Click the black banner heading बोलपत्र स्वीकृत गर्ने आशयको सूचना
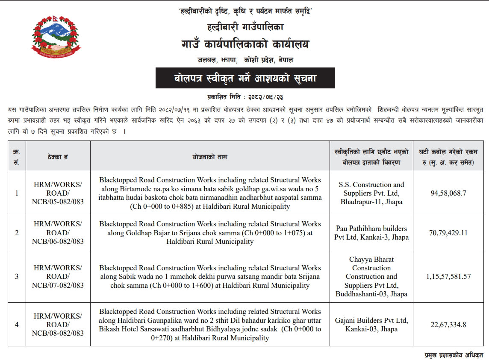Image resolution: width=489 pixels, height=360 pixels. pyautogui.click(x=245, y=78)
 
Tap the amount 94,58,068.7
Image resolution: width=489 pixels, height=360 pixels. pyautogui.click(x=448, y=193)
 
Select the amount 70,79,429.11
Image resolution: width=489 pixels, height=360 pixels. pyautogui.click(x=448, y=233)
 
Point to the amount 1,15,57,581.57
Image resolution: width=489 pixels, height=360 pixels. pyautogui.click(x=448, y=276)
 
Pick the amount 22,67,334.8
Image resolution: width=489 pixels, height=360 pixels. pyautogui.click(x=448, y=325)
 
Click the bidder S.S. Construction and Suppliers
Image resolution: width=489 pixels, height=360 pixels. pyautogui.click(x=371, y=193)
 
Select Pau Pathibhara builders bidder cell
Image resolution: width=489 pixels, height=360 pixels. pyautogui.click(x=371, y=233)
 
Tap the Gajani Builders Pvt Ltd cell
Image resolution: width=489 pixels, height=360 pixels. pyautogui.click(x=371, y=325)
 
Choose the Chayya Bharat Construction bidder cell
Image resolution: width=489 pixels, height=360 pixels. pyautogui.click(x=371, y=276)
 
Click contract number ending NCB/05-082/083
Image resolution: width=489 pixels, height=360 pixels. pyautogui.click(x=58, y=193)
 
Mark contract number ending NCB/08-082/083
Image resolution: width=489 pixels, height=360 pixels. pyautogui.click(x=58, y=325)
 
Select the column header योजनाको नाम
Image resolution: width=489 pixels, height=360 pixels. pyautogui.click(x=210, y=157)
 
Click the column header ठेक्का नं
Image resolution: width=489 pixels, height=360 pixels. pyautogui.click(x=58, y=157)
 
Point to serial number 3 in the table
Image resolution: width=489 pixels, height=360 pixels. pyautogui.click(x=17, y=276)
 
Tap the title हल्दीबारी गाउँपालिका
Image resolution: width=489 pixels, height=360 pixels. pyautogui.click(x=245, y=27)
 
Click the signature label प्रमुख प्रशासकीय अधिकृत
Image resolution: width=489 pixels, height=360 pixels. pyautogui.click(x=454, y=355)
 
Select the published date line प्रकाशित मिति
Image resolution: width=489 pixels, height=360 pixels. pyautogui.click(x=245, y=97)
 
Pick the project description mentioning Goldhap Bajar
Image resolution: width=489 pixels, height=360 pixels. pyautogui.click(x=210, y=233)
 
